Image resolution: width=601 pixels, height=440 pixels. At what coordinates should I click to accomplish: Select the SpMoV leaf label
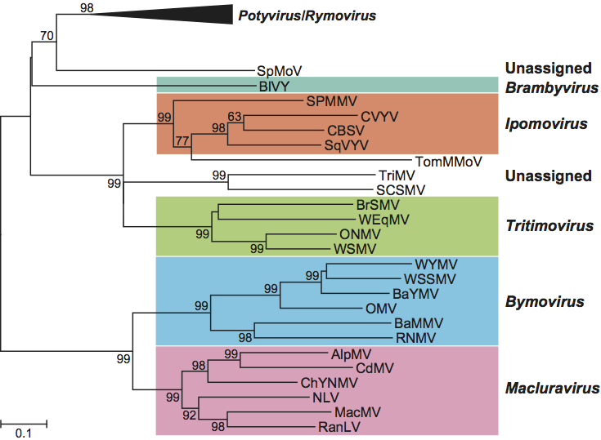275,72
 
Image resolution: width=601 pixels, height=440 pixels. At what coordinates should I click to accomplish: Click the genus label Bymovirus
544,302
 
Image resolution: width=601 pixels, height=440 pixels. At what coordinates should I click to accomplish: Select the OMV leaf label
380,309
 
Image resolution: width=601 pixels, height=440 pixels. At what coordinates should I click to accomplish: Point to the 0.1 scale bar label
24,433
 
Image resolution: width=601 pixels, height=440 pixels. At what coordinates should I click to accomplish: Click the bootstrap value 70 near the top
47,35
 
